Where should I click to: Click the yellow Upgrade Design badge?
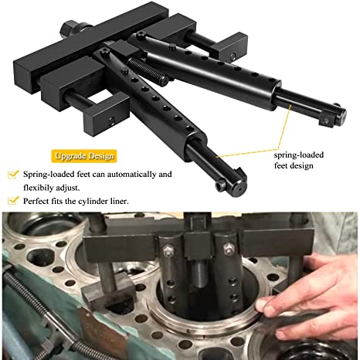tap(84, 156)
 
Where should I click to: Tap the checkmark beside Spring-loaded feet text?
tap(13, 175)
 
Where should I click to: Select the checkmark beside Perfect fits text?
tap(13, 200)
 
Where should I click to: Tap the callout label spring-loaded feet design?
tap(299, 160)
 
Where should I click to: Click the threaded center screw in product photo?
tap(148, 71)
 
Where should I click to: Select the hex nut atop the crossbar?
tap(69, 29)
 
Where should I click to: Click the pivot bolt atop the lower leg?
tap(104, 51)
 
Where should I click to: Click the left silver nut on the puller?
tap(168, 250)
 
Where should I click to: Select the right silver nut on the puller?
tap(229, 249)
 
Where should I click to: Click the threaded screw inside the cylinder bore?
tap(200, 273)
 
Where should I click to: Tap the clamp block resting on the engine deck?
tap(109, 291)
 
